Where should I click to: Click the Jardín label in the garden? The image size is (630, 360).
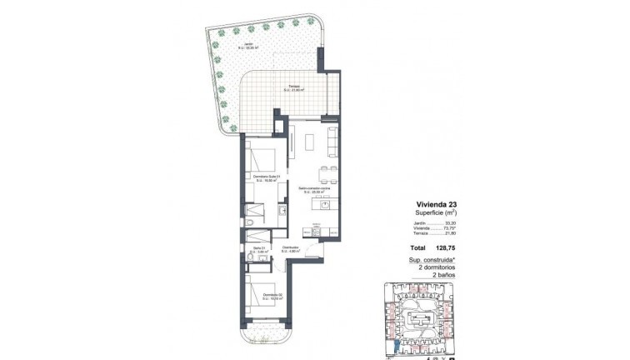coord(245,45)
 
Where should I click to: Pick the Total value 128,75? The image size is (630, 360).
coord(449,247)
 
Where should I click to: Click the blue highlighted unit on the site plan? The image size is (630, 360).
coord(396,343)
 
